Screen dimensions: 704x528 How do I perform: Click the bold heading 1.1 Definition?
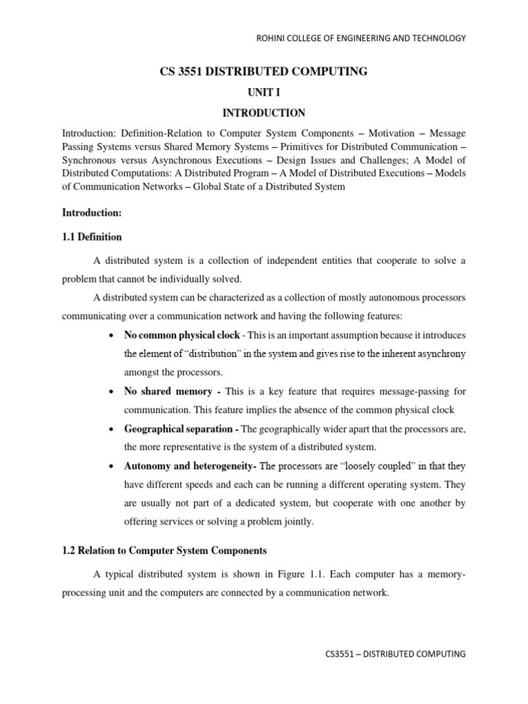pyautogui.click(x=92, y=237)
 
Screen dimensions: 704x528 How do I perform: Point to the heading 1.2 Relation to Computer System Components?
pyautogui.click(x=164, y=551)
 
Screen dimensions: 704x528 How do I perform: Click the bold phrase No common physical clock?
pyautogui.click(x=181, y=335)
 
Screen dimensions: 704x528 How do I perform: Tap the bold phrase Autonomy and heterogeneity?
pyautogui.click(x=188, y=466)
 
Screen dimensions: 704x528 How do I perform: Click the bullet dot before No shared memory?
pyautogui.click(x=111, y=392)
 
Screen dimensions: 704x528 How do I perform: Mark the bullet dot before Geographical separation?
pyautogui.click(x=111, y=429)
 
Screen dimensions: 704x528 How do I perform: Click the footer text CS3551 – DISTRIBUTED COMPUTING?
pyautogui.click(x=395, y=654)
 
